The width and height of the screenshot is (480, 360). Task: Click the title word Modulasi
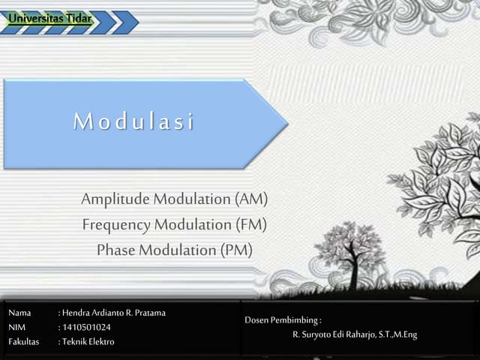pos(133,121)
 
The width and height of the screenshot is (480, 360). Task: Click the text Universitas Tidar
pos(51,17)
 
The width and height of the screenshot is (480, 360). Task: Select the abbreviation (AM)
pos(250,199)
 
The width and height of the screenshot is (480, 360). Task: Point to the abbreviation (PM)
pos(236,250)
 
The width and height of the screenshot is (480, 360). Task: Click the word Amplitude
pos(115,199)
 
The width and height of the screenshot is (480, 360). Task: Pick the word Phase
pos(115,250)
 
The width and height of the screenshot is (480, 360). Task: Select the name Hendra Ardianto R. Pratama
pos(114,313)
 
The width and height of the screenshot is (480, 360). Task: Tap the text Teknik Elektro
pos(88,342)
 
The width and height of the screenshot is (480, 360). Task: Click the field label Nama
pos(19,313)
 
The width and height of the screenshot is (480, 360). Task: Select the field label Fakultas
pos(24,342)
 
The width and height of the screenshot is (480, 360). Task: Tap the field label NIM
pos(17,327)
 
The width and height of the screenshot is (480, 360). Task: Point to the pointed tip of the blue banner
pos(287,122)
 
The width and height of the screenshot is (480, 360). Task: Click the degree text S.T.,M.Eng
pos(398,334)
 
